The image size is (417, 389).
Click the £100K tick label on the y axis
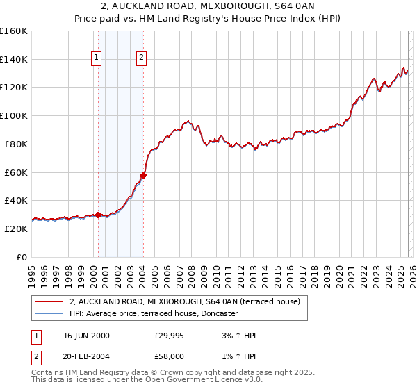[14, 115]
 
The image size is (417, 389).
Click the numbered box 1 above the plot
[95, 58]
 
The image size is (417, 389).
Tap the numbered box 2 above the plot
[141, 58]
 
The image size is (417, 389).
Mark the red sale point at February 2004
[143, 175]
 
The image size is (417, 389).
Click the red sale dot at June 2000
[98, 215]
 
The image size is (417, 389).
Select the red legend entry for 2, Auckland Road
[184, 301]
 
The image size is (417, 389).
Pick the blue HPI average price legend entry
[154, 313]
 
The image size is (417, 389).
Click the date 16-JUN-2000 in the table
[86, 336]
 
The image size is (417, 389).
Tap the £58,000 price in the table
[170, 356]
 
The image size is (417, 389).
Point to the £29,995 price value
[170, 336]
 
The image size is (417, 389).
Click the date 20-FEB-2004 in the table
[86, 356]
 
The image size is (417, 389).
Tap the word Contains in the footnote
[47, 373]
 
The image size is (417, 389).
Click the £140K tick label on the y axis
[14, 59]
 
